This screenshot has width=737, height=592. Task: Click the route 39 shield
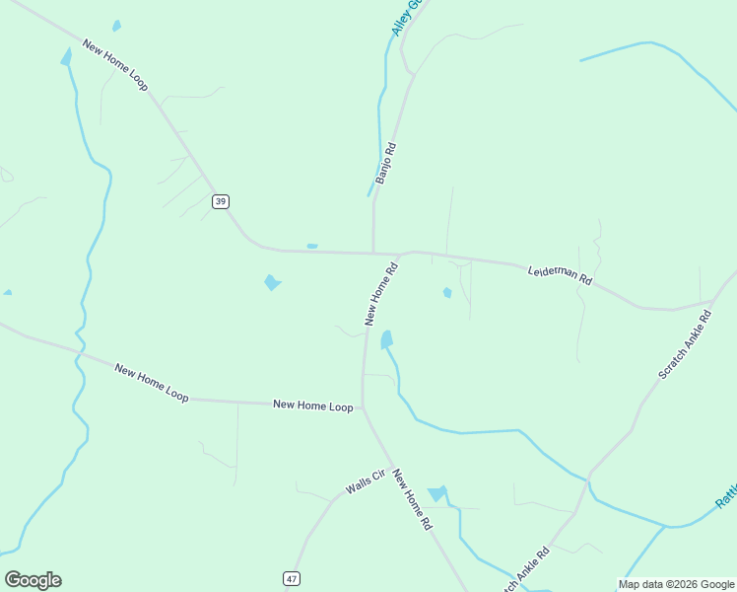point(220,201)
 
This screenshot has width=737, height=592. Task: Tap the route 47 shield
point(291,577)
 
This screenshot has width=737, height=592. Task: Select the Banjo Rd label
point(385,164)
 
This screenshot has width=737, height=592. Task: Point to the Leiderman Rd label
point(560,274)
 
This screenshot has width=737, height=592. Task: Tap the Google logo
point(33,580)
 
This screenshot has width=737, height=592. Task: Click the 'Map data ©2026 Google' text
point(676,584)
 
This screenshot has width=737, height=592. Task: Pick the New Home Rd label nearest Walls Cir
point(412,500)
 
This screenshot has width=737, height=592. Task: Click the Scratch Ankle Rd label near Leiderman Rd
point(685,346)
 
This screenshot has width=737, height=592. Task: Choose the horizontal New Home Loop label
point(312,406)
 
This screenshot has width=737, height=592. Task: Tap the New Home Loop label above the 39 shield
point(115,65)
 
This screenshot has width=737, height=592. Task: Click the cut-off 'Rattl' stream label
point(726,495)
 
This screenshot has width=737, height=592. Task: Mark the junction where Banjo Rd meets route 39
point(373,253)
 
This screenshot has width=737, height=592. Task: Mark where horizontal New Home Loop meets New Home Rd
point(363,406)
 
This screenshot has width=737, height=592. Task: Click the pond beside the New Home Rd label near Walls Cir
point(436,493)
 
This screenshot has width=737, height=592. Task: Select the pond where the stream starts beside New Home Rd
point(386,339)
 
